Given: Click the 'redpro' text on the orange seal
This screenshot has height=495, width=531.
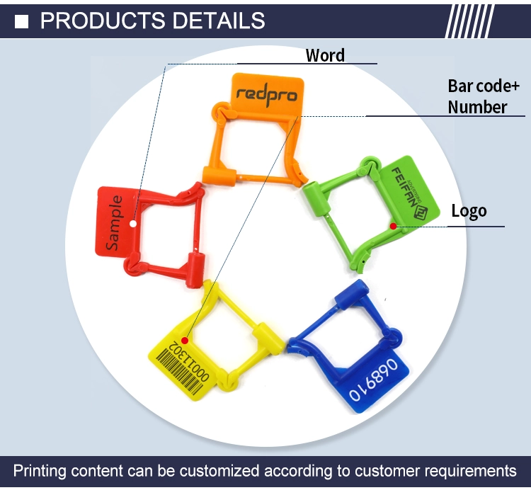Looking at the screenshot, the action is (x=267, y=94).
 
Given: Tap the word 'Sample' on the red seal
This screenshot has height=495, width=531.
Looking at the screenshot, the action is (x=114, y=222).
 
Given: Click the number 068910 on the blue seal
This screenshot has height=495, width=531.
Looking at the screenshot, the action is (x=374, y=380).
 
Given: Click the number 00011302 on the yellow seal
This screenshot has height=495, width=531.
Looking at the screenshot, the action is (x=189, y=360).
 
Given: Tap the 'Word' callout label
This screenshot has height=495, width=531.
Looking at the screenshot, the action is (x=325, y=55).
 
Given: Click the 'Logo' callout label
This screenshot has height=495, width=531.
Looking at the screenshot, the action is (x=469, y=212).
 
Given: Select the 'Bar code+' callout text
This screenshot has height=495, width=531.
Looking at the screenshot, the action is (x=484, y=86).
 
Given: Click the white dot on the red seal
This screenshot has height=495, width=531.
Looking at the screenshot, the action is (x=133, y=224).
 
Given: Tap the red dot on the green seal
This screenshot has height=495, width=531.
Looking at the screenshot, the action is (x=393, y=226).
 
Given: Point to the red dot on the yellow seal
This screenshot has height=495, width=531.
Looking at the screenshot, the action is (x=185, y=340).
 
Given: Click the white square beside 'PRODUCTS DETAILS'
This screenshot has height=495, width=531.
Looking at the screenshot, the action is (x=22, y=21).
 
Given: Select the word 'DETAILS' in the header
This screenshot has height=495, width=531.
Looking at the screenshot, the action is (x=219, y=21).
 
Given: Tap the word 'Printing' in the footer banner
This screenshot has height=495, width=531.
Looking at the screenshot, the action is (x=39, y=472).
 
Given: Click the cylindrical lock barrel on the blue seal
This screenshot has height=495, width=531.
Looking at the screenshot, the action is (x=351, y=294).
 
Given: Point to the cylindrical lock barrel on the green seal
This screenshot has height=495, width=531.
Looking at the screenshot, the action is (x=316, y=198).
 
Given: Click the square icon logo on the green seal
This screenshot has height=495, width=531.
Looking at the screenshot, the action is (x=421, y=212).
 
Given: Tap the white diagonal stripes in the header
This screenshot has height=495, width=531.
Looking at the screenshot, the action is (x=469, y=21).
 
